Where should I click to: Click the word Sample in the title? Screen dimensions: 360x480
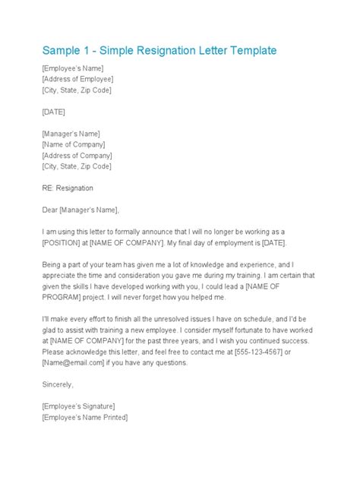[65, 51]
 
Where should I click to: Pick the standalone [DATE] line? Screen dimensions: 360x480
[54, 112]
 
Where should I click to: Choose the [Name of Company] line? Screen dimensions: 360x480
[74, 144]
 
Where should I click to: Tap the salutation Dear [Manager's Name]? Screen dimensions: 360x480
[81, 209]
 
